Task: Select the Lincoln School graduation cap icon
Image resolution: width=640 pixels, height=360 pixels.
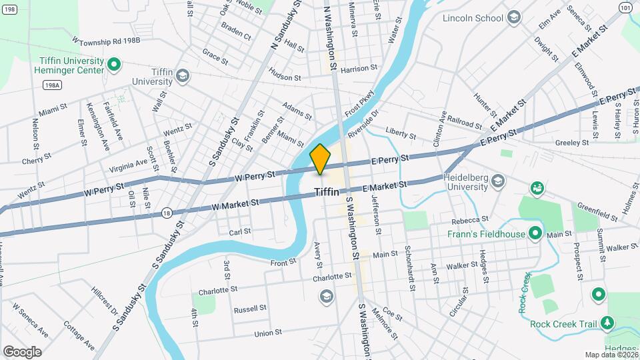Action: click(x=514, y=17)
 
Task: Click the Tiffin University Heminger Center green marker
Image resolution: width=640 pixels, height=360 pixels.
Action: click(x=113, y=65)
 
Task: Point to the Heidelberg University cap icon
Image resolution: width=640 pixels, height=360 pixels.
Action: click(x=497, y=181)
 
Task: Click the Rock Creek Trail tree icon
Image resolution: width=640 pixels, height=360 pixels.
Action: click(x=607, y=324)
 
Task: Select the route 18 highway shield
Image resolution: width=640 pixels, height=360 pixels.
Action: click(x=167, y=213)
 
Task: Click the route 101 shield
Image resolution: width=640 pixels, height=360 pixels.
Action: click(x=624, y=7)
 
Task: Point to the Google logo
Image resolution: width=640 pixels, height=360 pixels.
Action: click(x=22, y=351)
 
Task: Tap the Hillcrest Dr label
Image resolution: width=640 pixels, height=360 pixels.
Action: click(x=105, y=301)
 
